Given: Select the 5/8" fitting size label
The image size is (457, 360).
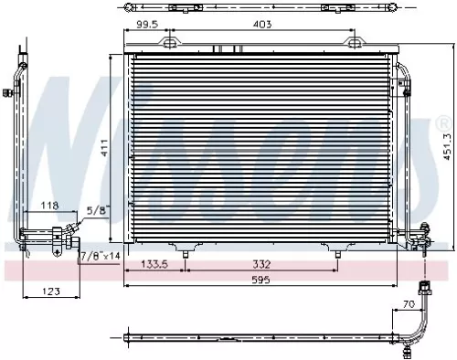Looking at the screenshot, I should point(94,211).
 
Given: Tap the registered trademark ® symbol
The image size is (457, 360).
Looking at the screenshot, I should point(444,122).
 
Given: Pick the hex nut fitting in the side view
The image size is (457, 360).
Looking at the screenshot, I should point(69,242).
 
